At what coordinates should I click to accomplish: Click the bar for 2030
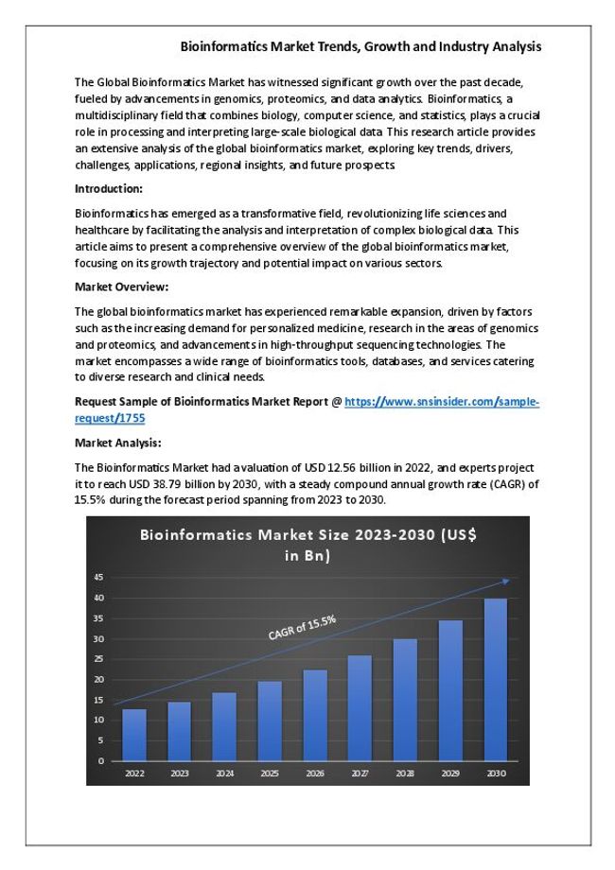coord(496,679)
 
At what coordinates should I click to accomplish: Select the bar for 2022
coord(134,734)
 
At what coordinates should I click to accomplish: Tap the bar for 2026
coord(315,714)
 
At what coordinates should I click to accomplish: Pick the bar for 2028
coord(405,699)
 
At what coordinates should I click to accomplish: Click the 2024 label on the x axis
coord(224,773)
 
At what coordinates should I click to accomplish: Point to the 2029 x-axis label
coord(450,773)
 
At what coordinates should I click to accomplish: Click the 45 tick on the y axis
coord(99,577)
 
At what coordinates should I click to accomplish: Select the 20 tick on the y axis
coord(99,679)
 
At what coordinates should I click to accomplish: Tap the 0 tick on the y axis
coord(102,760)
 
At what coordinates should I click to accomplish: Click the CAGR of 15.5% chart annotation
coord(302,628)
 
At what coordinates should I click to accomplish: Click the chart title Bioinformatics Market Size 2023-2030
coord(307,545)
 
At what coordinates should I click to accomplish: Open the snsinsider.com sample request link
coord(441,401)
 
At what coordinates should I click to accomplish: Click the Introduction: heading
coord(109,188)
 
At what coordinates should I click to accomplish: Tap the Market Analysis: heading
coord(117,442)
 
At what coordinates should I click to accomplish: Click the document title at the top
coord(360,45)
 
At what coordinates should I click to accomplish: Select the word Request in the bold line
coord(96,401)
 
